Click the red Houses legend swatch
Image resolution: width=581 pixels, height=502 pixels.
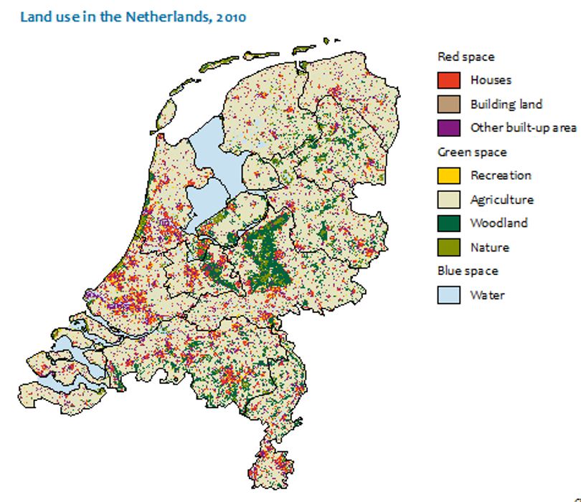click(x=448, y=80)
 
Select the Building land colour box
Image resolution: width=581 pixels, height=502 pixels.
click(x=448, y=104)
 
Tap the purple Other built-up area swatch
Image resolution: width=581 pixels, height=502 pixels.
click(x=448, y=127)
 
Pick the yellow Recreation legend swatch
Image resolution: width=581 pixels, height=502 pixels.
click(x=448, y=175)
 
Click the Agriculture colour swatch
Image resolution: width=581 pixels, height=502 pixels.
click(x=448, y=199)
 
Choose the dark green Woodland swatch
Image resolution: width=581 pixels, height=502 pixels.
click(x=448, y=223)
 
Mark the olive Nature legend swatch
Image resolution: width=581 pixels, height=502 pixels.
click(x=448, y=247)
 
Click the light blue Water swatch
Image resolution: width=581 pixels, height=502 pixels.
click(x=448, y=294)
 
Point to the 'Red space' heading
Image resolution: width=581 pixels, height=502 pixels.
click(x=466, y=57)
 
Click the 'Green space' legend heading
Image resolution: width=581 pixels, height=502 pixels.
click(x=471, y=152)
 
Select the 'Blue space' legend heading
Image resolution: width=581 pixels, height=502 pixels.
click(x=468, y=271)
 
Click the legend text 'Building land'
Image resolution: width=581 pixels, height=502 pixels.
click(x=506, y=104)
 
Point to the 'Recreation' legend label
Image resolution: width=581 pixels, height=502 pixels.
click(x=501, y=175)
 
